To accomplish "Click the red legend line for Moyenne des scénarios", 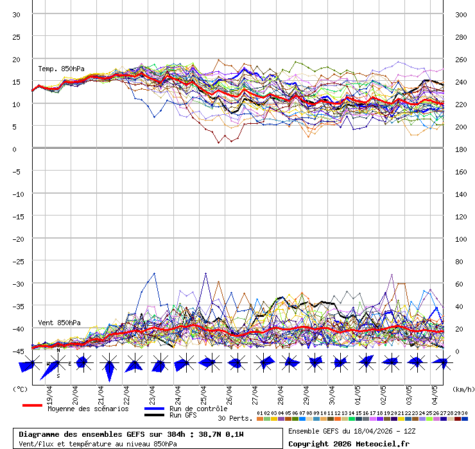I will (x=32, y=405).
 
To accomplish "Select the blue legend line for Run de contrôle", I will (x=154, y=409).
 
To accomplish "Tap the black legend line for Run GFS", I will (x=154, y=415).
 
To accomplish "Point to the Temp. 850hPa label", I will (x=61, y=69).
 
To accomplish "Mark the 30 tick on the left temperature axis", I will (x=17, y=15).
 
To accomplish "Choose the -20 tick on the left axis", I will (x=17, y=239).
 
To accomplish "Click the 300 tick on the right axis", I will (x=461, y=15).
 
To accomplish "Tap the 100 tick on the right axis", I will (x=461, y=239).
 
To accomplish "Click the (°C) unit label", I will (x=21, y=389).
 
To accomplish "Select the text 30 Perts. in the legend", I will (x=235, y=418).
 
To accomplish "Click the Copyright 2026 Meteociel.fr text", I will (x=349, y=443).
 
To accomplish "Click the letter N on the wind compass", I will (x=58, y=350).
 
